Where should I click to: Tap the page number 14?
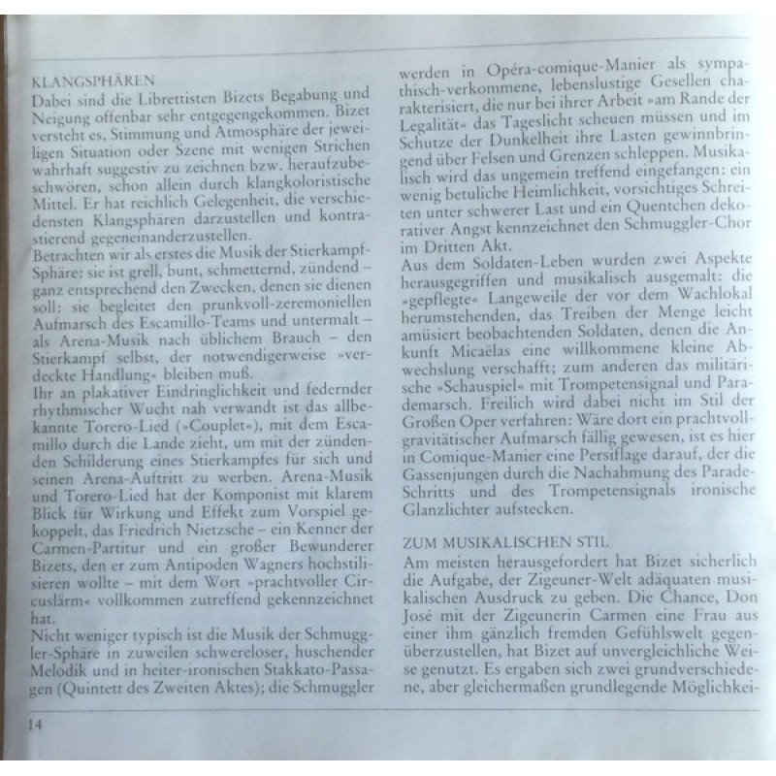click(x=36, y=724)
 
